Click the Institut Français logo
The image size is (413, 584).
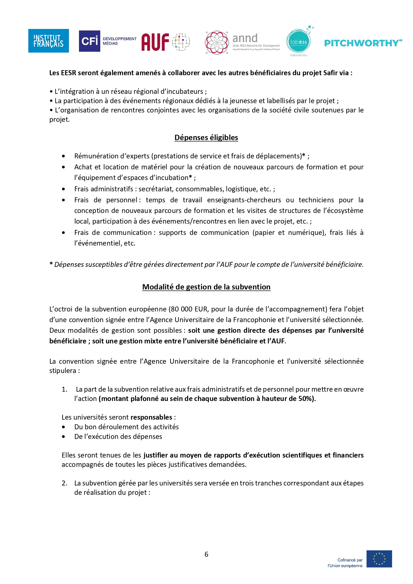coord(48,41)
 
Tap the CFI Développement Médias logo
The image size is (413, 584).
coord(108,41)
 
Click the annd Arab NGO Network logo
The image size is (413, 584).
coord(242,42)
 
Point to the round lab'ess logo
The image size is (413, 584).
coord(298,42)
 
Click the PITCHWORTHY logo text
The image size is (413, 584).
coord(363,43)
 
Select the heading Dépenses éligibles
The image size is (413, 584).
coord(206,137)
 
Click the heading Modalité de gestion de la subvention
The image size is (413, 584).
coord(206,287)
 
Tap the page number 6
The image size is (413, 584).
coord(206,554)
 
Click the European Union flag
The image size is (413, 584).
coord(379,559)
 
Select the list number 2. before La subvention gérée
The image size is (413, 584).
coord(65,483)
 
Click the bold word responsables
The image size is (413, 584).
coord(151,417)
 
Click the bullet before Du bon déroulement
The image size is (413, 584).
coord(64,427)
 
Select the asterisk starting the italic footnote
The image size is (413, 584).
coord(51,264)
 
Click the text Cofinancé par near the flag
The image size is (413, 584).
coord(350,560)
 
